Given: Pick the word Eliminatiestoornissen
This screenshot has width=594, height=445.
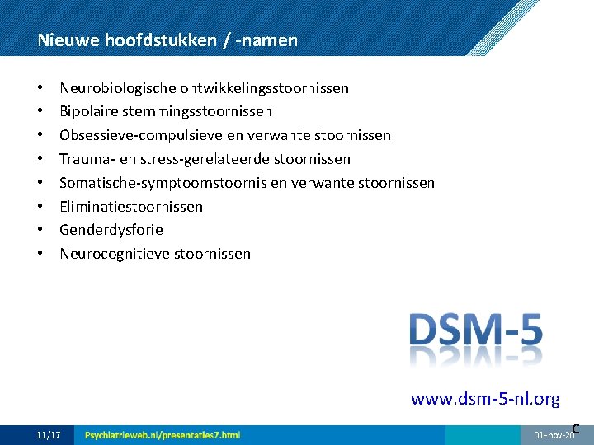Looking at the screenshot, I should click(131, 207).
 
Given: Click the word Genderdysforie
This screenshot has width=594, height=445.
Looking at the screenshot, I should click(111, 230).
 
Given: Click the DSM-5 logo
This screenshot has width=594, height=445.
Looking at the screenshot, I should click(476, 330).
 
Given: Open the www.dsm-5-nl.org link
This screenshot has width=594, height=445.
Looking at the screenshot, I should click(485, 400).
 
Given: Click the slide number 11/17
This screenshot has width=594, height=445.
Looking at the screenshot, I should click(49, 434).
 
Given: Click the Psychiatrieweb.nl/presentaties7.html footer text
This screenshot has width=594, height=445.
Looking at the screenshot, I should click(163, 434).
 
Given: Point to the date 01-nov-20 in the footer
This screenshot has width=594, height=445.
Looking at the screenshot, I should click(554, 434).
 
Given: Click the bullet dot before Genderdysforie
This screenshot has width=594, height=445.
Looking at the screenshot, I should click(40, 230).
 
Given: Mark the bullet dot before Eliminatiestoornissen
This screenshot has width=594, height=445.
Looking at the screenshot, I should click(40, 207).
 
